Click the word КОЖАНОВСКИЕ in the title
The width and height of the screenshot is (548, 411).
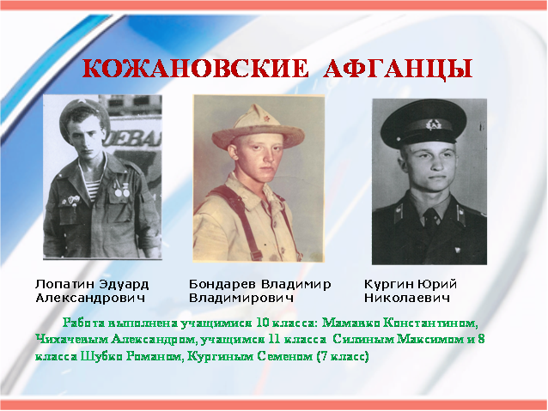(x=196, y=69)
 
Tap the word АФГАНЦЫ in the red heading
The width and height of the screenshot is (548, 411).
(x=398, y=70)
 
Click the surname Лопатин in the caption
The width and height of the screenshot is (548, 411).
(x=64, y=284)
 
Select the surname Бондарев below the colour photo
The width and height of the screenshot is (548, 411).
(x=222, y=284)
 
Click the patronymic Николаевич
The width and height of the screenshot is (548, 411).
(x=407, y=299)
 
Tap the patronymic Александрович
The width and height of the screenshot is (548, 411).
(x=90, y=299)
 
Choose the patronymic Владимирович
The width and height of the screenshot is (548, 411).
(x=241, y=299)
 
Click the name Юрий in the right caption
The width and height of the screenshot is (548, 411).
(x=434, y=284)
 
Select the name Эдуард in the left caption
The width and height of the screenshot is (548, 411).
(x=124, y=285)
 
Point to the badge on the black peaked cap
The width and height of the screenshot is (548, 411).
(x=433, y=124)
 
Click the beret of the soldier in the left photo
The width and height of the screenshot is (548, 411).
(x=84, y=114)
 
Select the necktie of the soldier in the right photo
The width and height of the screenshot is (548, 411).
(x=433, y=219)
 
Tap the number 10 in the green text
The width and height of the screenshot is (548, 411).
(x=262, y=323)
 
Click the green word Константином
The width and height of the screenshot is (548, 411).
(x=430, y=323)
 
